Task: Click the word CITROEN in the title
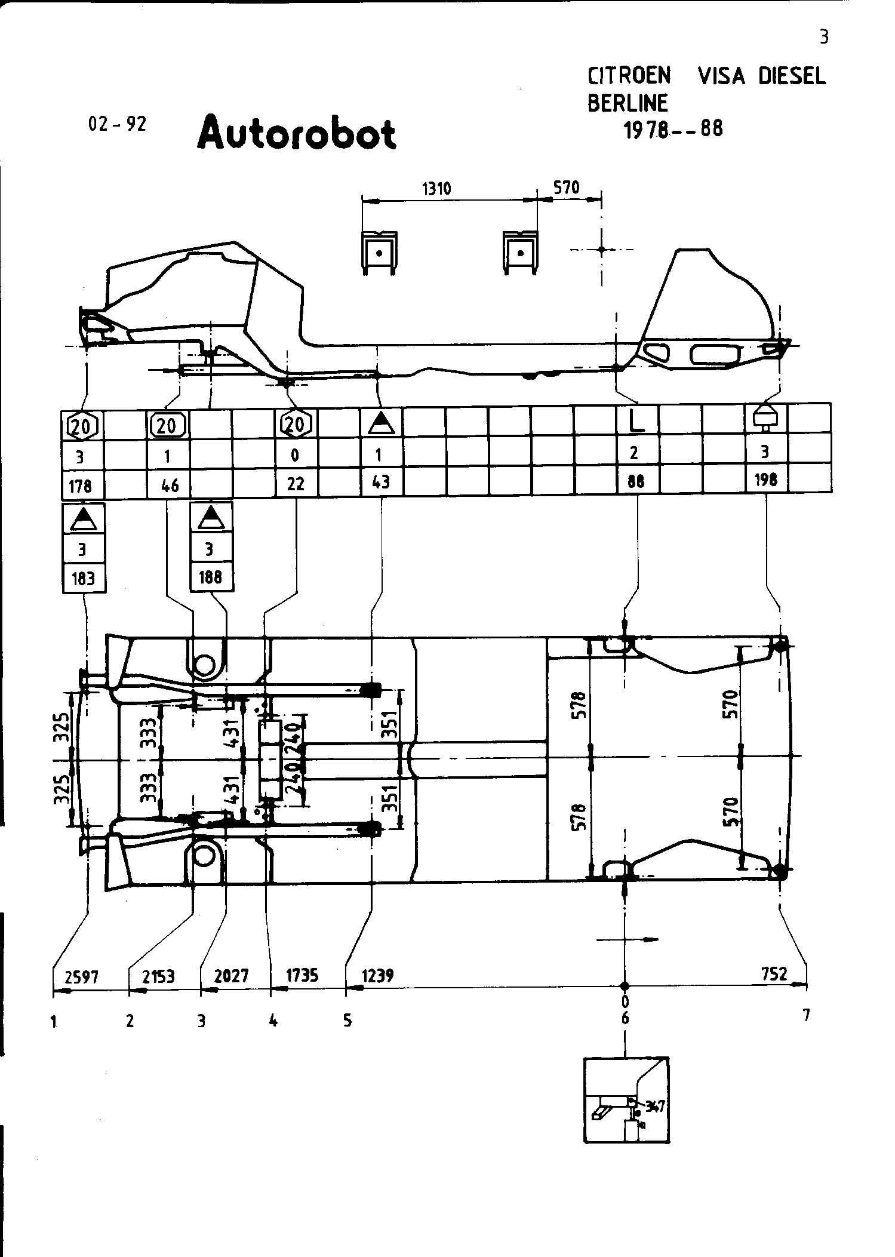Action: (629, 76)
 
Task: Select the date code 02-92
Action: (117, 124)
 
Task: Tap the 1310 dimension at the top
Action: (436, 189)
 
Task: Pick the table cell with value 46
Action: (170, 485)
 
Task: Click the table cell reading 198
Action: (765, 480)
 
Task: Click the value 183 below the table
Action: (83, 579)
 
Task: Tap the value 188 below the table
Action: (210, 577)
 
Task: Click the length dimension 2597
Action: (82, 977)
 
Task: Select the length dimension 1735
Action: (302, 976)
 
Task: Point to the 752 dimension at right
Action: (774, 974)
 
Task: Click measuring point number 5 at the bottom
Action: (348, 1021)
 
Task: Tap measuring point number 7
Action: (806, 1015)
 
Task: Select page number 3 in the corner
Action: (824, 38)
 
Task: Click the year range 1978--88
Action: (673, 130)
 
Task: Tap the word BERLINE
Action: (628, 103)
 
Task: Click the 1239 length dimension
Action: (378, 976)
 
